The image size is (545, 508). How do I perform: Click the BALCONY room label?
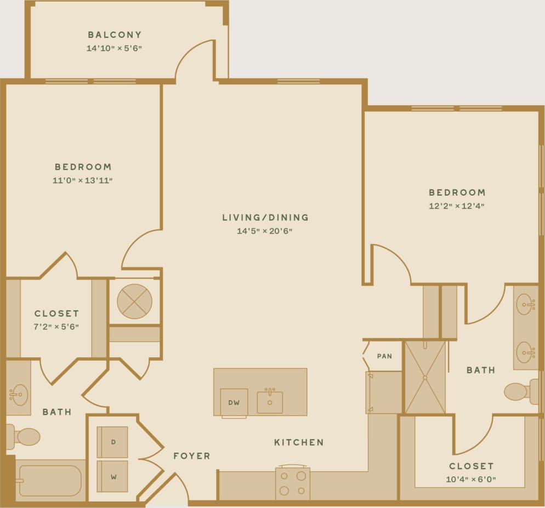(115, 35)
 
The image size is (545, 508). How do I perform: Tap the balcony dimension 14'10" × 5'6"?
(115, 48)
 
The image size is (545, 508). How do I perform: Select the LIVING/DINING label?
(265, 218)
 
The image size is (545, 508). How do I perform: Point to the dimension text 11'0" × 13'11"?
(83, 180)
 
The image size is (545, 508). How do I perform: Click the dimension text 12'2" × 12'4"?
(457, 206)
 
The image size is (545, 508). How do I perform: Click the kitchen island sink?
(270, 402)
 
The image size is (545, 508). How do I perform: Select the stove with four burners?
(292, 483)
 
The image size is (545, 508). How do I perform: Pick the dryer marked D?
(112, 442)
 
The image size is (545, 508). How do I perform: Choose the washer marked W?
(112, 476)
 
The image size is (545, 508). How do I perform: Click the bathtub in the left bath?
(49, 481)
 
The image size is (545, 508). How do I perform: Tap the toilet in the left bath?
(25, 437)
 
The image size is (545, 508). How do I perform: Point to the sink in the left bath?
(19, 394)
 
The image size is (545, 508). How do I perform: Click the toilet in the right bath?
(518, 391)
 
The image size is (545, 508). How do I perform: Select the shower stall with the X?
(425, 377)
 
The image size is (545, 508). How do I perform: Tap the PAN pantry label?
(384, 356)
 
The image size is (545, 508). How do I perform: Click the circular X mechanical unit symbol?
(134, 301)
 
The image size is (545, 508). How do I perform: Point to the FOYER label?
(191, 456)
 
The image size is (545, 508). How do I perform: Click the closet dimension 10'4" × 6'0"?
(471, 480)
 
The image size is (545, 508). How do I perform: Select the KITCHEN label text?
(299, 442)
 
